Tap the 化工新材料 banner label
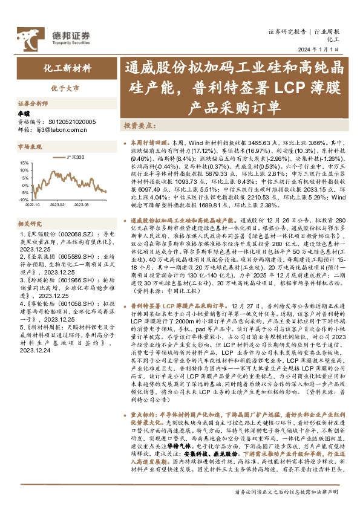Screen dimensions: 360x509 click(x=66, y=68)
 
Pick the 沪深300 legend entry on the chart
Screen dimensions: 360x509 click(x=82, y=157)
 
